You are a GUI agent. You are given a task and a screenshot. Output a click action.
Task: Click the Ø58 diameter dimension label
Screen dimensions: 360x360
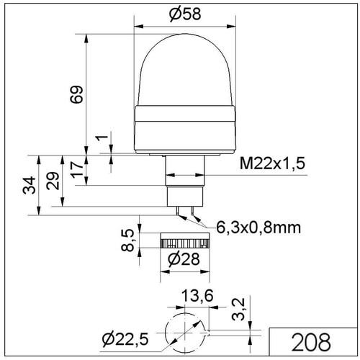click(x=185, y=14)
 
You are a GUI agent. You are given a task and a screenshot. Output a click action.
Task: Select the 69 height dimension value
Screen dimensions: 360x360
click(x=76, y=94)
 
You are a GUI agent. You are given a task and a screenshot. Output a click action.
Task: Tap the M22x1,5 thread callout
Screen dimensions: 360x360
click(x=272, y=163)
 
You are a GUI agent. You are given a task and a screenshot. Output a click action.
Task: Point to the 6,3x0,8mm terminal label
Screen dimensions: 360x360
click(x=258, y=228)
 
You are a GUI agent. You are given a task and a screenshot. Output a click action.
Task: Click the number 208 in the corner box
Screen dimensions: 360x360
click(x=311, y=342)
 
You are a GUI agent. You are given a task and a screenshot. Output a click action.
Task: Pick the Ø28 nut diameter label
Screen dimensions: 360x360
click(x=184, y=259)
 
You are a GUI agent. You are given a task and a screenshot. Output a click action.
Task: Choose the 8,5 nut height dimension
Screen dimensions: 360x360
click(x=127, y=240)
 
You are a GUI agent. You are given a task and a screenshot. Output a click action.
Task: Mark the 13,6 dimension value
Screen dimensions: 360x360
click(x=197, y=295)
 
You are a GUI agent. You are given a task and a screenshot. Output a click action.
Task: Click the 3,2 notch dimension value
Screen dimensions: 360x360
click(x=238, y=309)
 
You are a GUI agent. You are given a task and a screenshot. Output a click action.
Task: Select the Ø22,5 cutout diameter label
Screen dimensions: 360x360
click(x=125, y=339)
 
